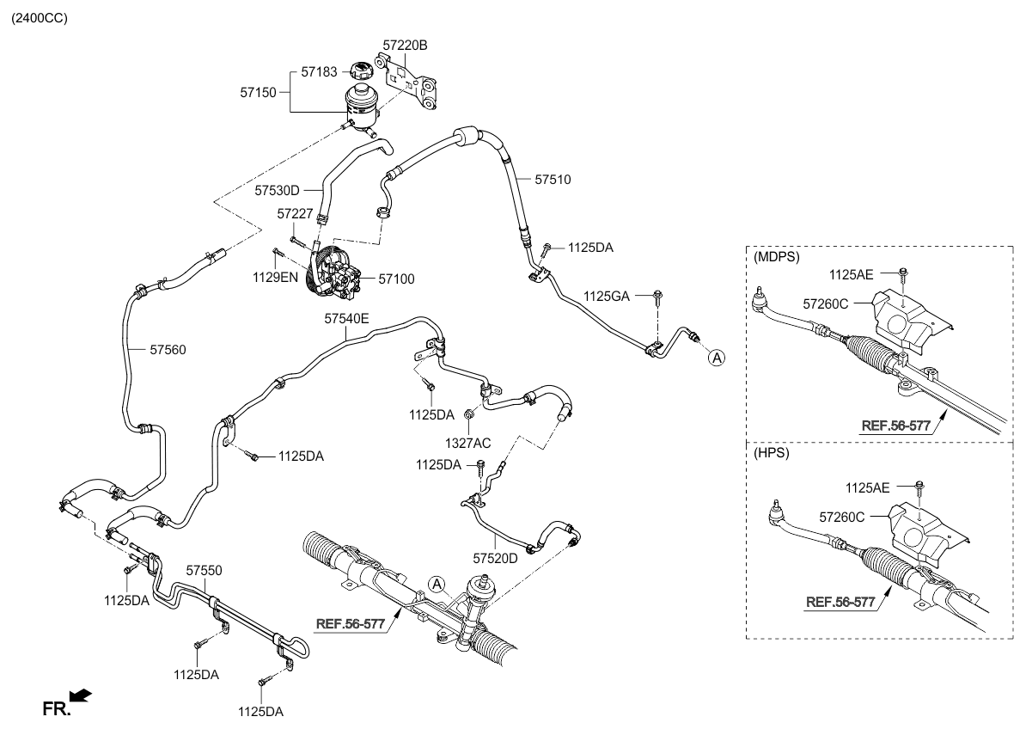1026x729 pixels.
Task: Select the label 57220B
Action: point(405,43)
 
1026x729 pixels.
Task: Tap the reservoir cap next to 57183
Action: point(362,71)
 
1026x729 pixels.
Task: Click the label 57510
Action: point(553,180)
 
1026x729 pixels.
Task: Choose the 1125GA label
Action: point(607,296)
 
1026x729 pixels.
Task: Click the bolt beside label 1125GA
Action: point(657,297)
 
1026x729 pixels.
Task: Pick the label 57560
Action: point(168,350)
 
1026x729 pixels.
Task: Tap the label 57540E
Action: point(346,318)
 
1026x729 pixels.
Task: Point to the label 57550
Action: point(205,570)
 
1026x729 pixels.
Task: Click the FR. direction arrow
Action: point(80,695)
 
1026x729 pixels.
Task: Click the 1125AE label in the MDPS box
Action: point(852,274)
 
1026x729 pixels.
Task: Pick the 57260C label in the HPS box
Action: point(842,518)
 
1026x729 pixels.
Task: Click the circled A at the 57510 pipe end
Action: point(716,358)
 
